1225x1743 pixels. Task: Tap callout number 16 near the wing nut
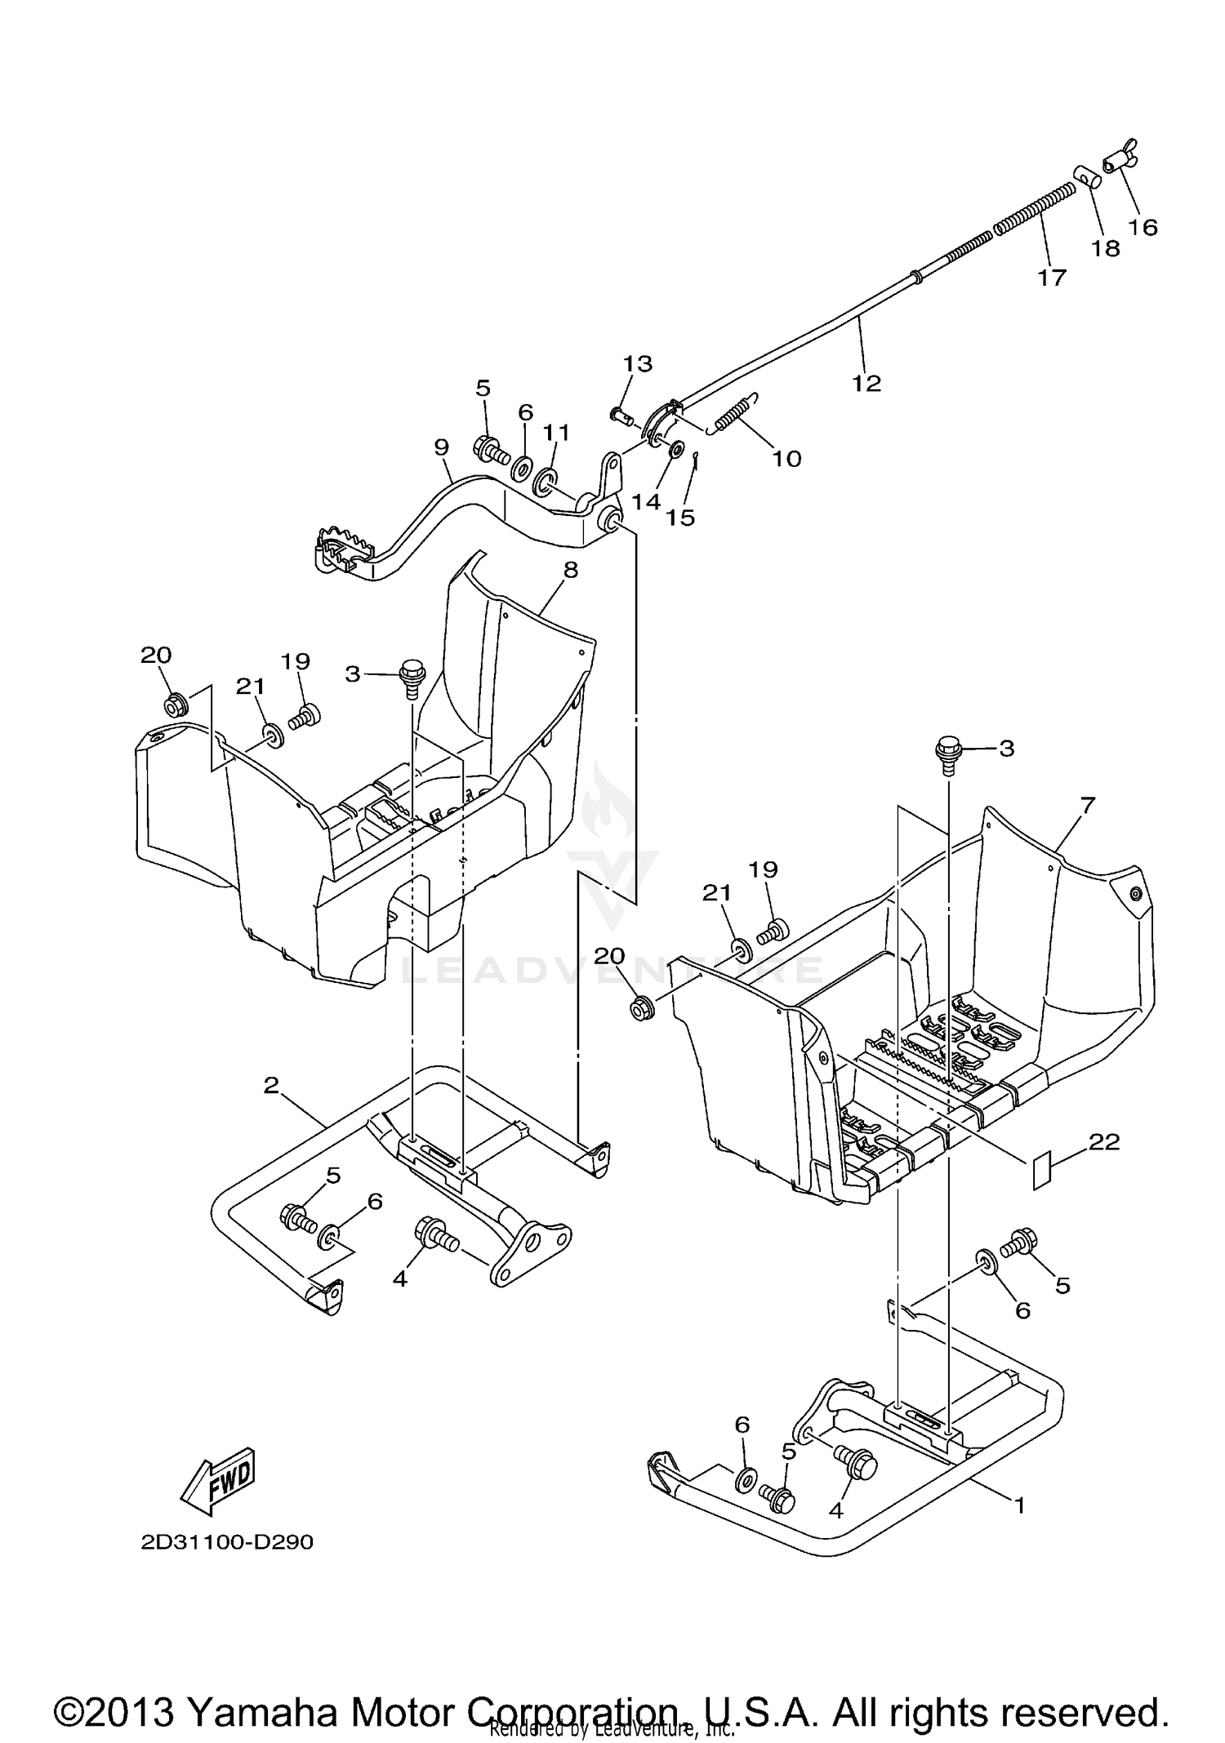[x=1143, y=227]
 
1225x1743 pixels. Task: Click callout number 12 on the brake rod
[x=866, y=383]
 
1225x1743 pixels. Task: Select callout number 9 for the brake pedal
[x=442, y=447]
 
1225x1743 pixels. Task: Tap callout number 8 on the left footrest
[x=570, y=570]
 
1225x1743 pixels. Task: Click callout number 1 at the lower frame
[x=1019, y=1504]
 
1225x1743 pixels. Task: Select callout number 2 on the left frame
[x=272, y=1085]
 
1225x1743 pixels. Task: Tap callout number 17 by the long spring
[x=1052, y=278]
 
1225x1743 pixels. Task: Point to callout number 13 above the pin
[x=638, y=363]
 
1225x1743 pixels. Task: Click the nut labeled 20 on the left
[x=174, y=704]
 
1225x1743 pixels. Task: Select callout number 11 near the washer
[x=557, y=432]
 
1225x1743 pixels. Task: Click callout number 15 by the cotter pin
[x=679, y=517]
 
